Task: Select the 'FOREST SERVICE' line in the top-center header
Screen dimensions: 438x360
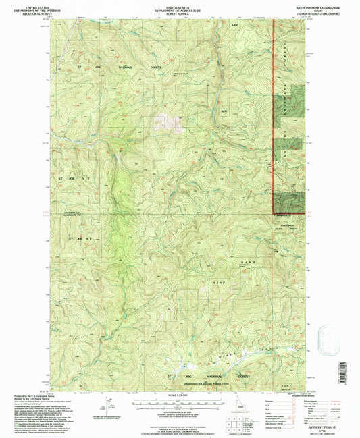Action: (x=180, y=9)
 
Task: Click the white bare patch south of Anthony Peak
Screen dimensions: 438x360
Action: (x=166, y=121)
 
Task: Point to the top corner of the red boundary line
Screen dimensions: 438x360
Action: (x=273, y=20)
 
